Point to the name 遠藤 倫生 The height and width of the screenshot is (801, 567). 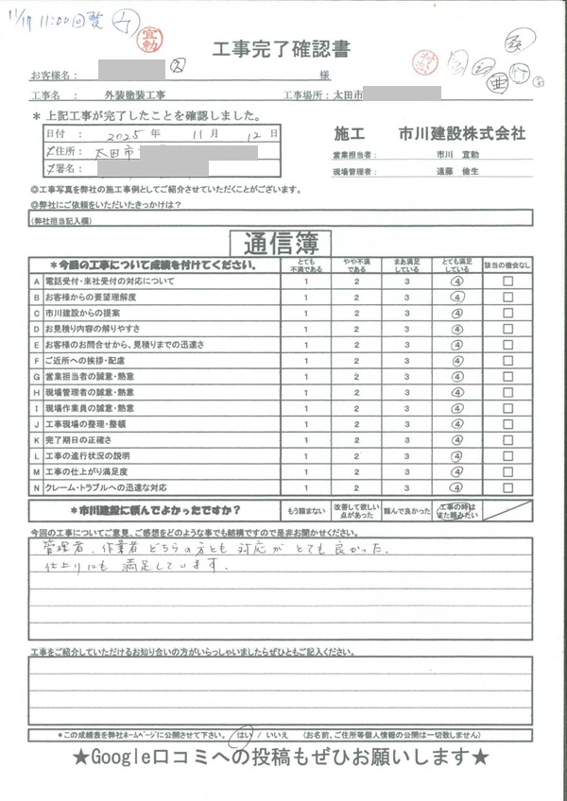(458, 172)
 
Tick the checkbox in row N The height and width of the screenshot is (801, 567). (508, 487)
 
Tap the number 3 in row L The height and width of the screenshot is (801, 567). (406, 456)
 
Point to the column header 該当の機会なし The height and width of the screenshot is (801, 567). (508, 266)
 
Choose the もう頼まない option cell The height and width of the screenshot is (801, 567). (304, 511)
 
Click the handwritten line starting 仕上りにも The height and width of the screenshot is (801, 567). (132, 568)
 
